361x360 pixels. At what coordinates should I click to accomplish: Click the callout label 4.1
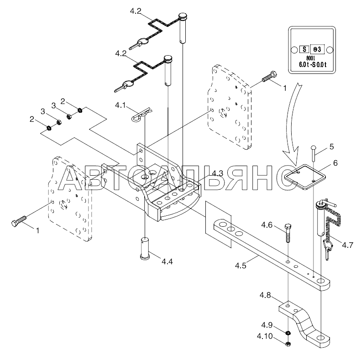pos(120,105)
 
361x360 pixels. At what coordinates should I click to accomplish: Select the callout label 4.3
pos(217,173)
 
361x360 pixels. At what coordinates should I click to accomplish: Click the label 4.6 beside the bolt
pos(267,225)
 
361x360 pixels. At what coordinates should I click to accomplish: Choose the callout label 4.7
pos(347,245)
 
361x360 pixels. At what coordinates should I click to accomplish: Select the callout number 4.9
pos(267,325)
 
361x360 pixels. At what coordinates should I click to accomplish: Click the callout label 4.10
pos(265,337)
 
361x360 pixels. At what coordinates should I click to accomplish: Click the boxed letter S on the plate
pos(304,48)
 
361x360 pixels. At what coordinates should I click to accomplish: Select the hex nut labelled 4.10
pos(288,343)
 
